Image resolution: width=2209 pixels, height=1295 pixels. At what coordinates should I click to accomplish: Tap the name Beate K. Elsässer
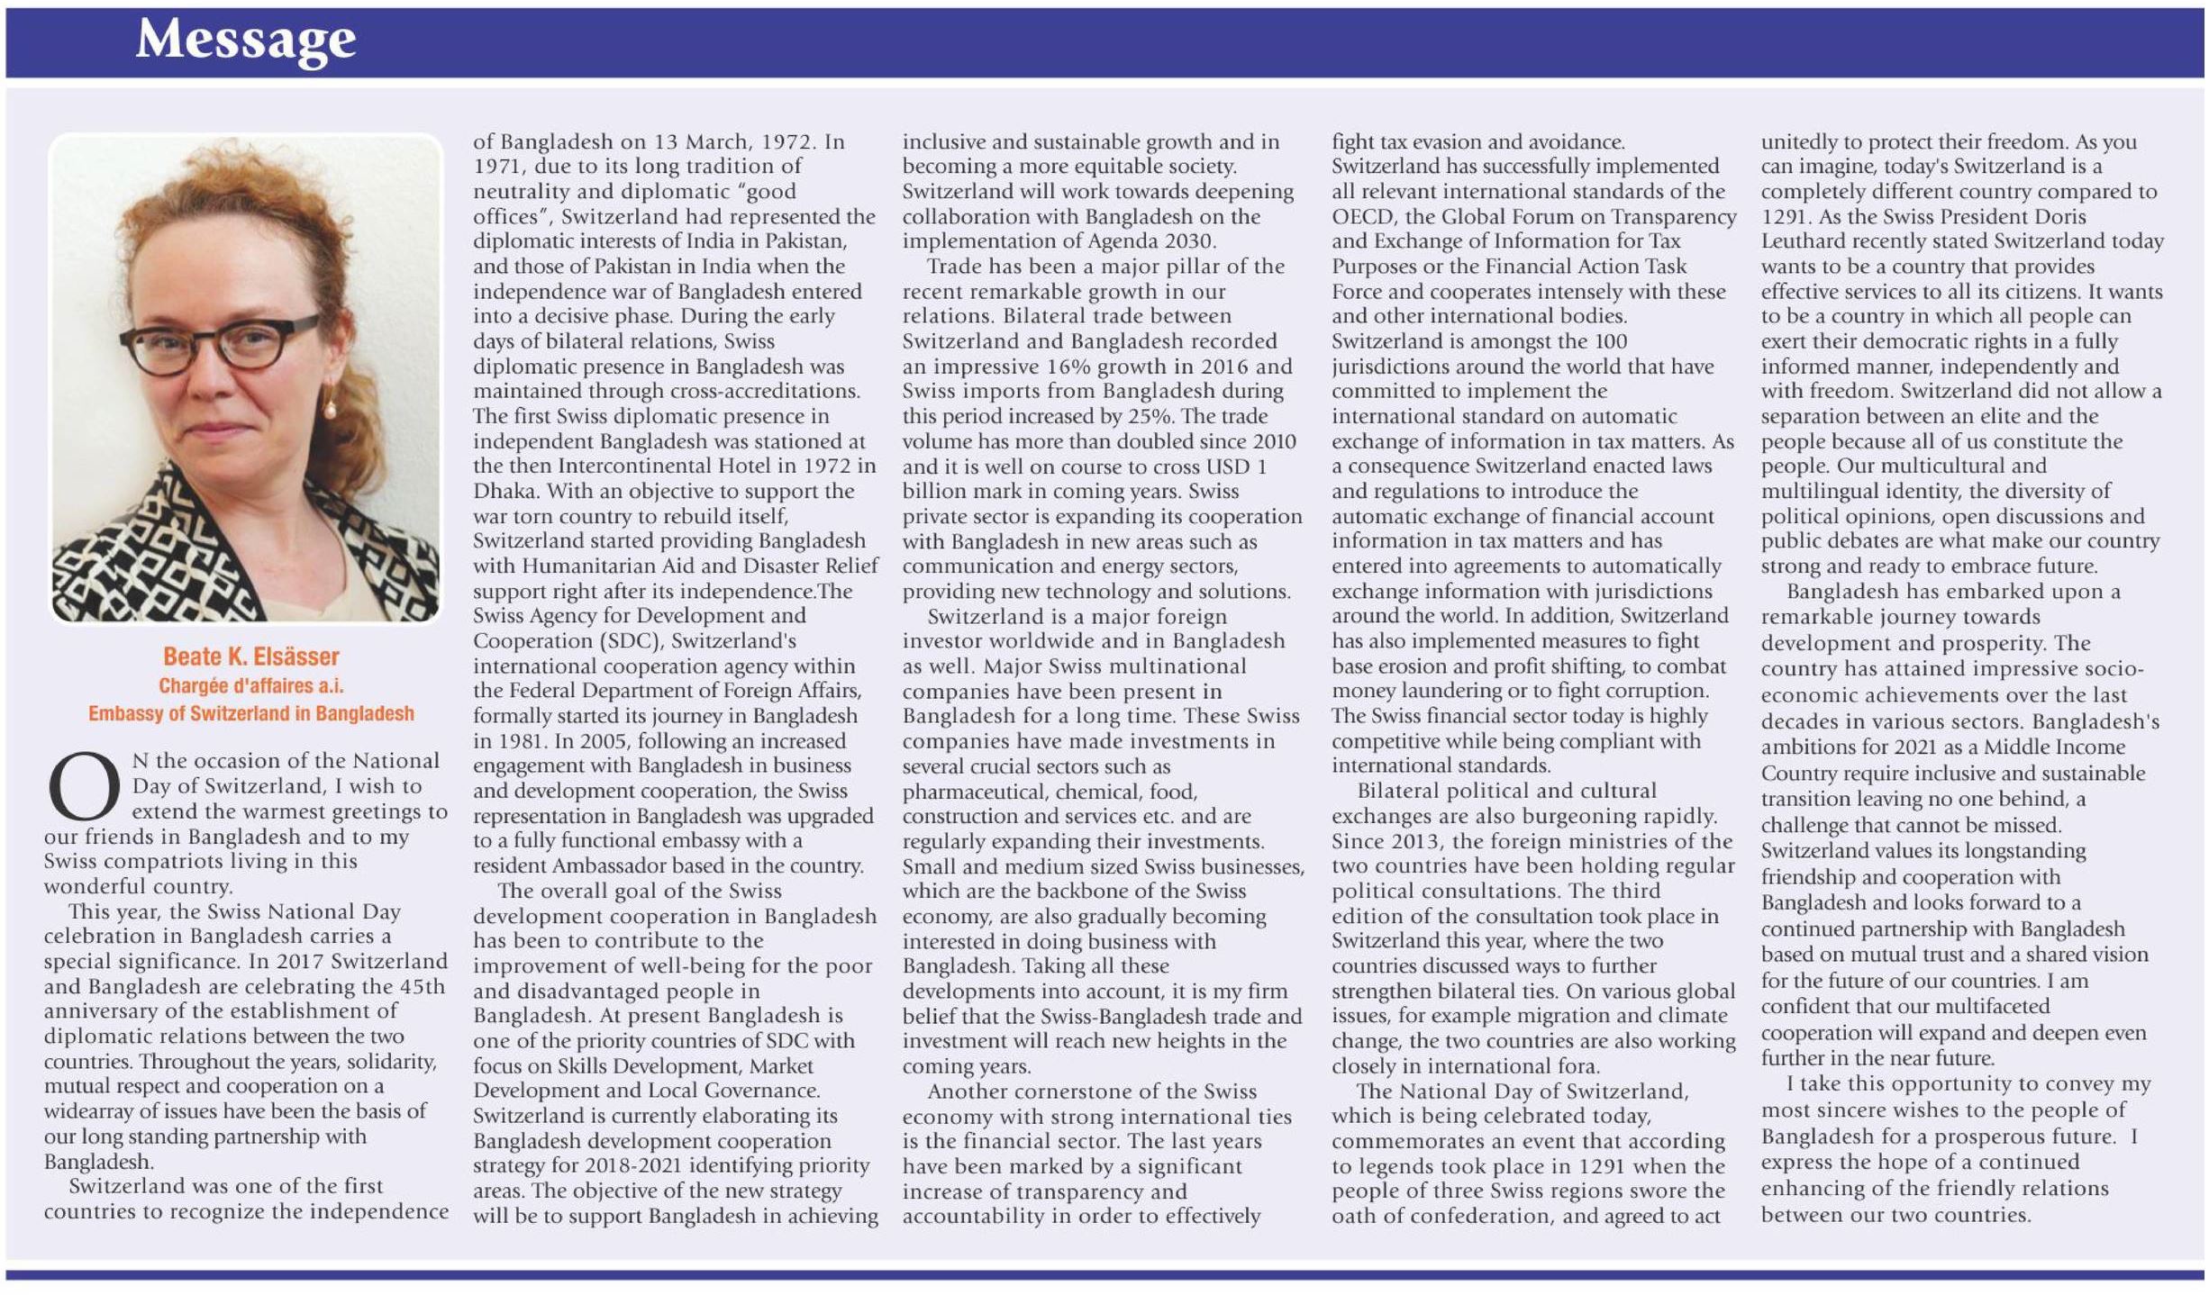(251, 656)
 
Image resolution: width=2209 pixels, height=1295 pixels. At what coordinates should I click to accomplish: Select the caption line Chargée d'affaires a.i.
(251, 685)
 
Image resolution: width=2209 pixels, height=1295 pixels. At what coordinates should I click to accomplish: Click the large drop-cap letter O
(84, 786)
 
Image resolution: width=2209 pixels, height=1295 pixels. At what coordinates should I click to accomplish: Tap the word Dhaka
(505, 491)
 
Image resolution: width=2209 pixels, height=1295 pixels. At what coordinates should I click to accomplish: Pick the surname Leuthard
(1803, 241)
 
